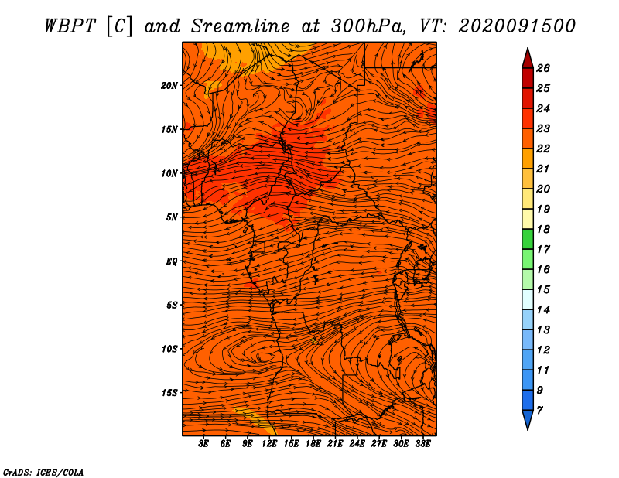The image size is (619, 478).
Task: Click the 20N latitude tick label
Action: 169,86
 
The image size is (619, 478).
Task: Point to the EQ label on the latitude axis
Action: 171,261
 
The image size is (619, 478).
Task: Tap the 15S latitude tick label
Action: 169,393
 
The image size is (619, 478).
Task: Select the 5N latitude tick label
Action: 171,217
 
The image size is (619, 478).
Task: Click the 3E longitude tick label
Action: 203,444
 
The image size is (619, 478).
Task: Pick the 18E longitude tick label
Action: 313,444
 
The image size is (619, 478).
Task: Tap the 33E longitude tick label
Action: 422,444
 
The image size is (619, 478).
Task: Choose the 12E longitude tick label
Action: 269,444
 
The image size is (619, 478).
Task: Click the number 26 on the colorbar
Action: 543,68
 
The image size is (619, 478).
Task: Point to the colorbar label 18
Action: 543,229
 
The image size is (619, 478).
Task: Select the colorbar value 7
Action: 540,411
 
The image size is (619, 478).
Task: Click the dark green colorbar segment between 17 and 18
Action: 528,239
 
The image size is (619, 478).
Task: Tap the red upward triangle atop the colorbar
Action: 528,59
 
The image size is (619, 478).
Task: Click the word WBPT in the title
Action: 70,26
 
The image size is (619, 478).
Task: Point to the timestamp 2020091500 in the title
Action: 517,26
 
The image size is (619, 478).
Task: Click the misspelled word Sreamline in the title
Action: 241,26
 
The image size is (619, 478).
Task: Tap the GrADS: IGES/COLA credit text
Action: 43,473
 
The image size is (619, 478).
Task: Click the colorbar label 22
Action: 543,149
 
